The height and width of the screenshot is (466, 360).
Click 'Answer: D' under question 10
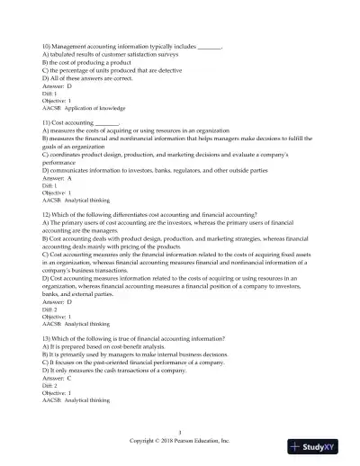pos(56,84)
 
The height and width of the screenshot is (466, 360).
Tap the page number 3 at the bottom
pos(180,434)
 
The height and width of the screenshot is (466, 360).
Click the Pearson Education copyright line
pos(180,443)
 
